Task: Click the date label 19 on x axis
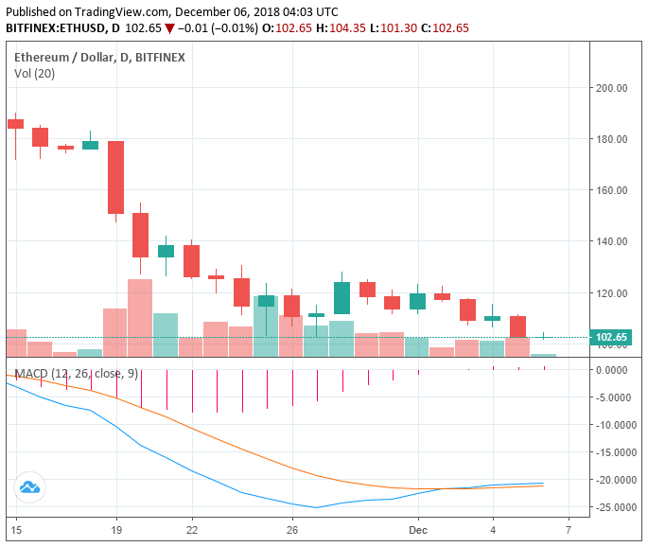click(x=115, y=528)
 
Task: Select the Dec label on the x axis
click(x=417, y=528)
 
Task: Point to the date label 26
click(x=292, y=528)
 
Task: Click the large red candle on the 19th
click(x=115, y=177)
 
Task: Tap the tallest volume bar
click(x=140, y=317)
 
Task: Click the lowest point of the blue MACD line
click(x=316, y=507)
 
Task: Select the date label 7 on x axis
click(x=568, y=528)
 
